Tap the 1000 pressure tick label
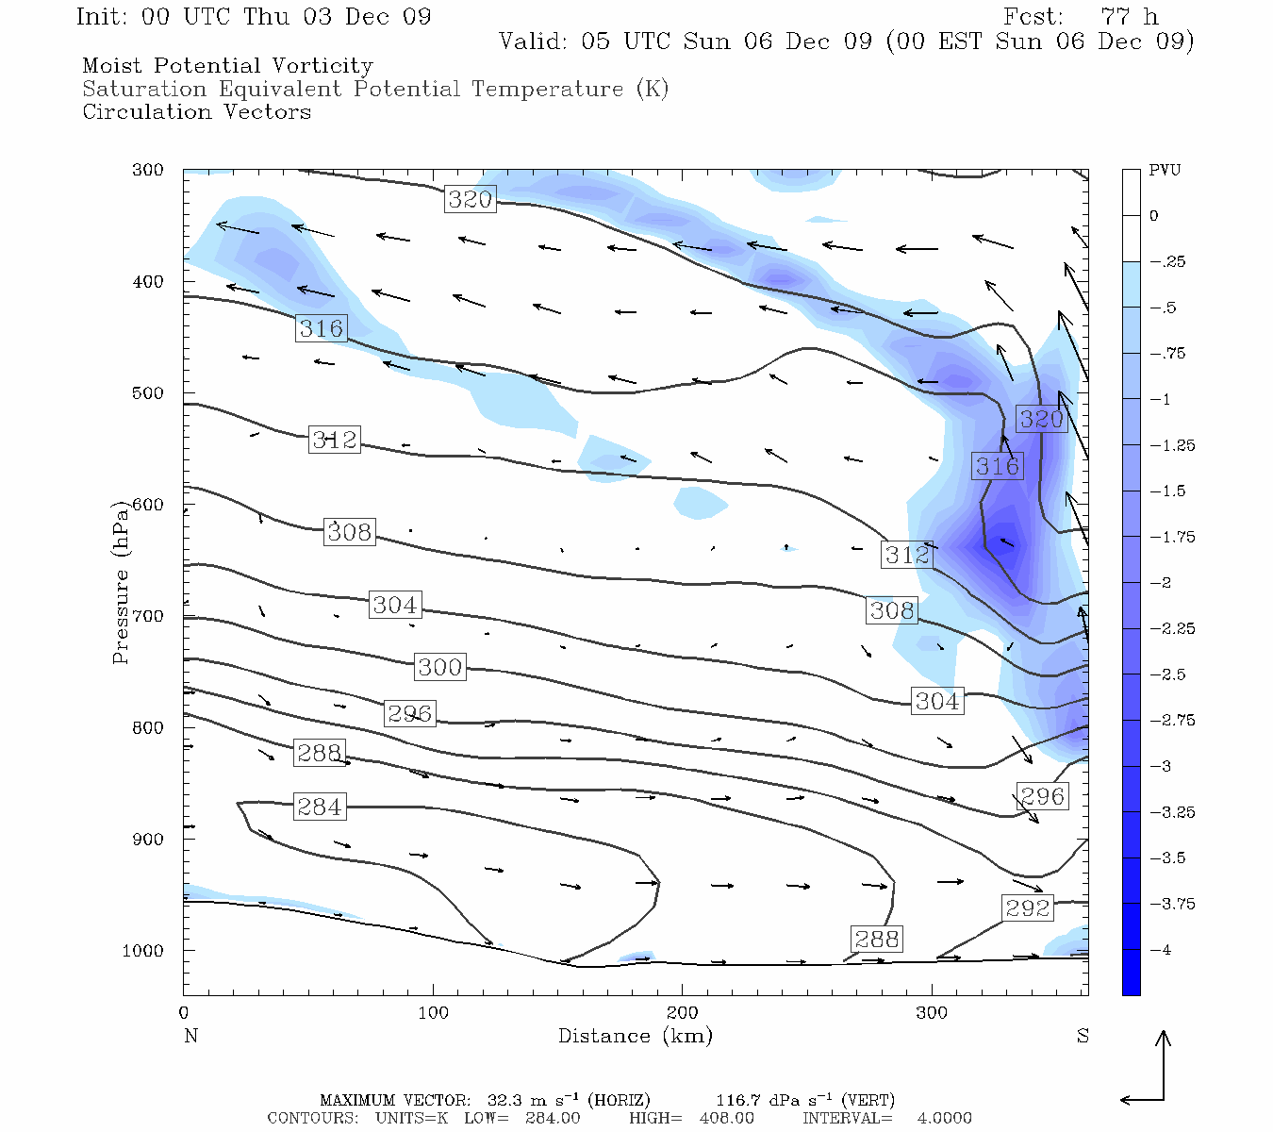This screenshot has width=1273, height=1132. pyautogui.click(x=142, y=951)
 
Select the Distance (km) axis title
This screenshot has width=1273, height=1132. pyautogui.click(x=635, y=1036)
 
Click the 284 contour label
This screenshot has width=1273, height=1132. pyautogui.click(x=320, y=807)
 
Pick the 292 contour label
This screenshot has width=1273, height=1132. pyautogui.click(x=1027, y=907)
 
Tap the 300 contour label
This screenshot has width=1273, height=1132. pyautogui.click(x=439, y=667)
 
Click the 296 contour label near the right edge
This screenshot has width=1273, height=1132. pyautogui.click(x=1042, y=796)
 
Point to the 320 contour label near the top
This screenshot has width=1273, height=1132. pyautogui.click(x=470, y=199)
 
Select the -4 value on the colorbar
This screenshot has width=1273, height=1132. pyautogui.click(x=1160, y=950)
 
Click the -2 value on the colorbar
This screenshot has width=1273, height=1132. pyautogui.click(x=1160, y=583)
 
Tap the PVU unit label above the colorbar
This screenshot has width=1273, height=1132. pyautogui.click(x=1164, y=171)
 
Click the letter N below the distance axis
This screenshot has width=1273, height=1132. pyautogui.click(x=190, y=1036)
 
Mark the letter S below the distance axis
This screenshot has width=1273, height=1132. pyautogui.click(x=1083, y=1036)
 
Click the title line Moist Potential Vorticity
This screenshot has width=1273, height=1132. pyautogui.click(x=227, y=66)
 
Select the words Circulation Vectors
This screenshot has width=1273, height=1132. pyautogui.click(x=196, y=111)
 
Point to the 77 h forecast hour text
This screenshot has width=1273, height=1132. pyautogui.click(x=1129, y=17)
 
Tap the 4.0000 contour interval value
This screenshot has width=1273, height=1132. pyautogui.click(x=944, y=1118)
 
